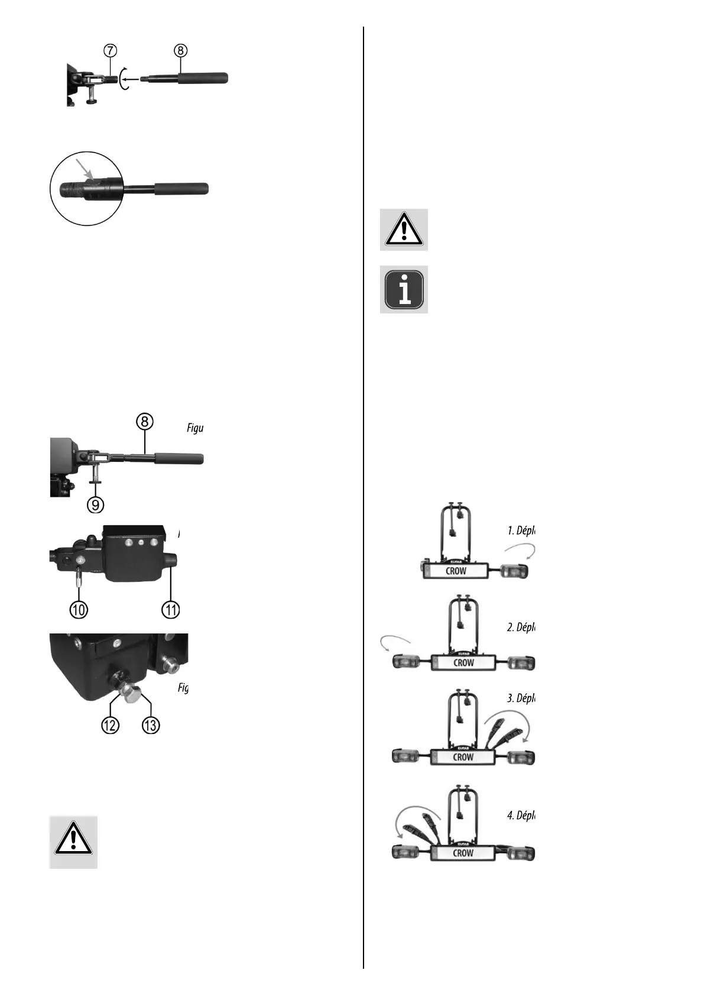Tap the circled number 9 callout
95,505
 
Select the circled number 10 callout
79,610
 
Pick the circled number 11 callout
171,610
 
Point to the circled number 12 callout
111,725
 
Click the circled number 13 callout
151,725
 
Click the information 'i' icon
404,289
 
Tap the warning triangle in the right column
404,229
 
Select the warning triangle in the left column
73,842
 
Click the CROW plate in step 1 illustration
455,571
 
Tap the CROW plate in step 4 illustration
463,853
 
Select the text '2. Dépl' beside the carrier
521,627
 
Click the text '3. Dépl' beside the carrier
521,698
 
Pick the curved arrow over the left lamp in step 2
395,642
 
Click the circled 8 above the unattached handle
180,51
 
